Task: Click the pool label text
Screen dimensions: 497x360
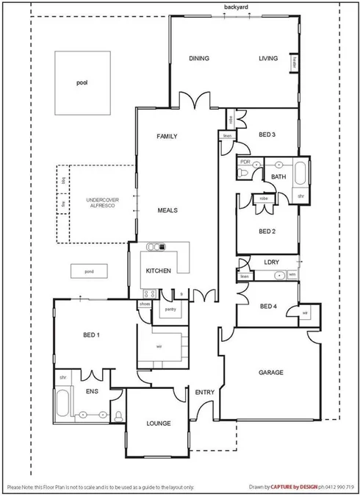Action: click(82, 83)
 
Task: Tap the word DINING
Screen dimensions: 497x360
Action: click(199, 59)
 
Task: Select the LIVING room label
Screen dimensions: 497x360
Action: click(268, 59)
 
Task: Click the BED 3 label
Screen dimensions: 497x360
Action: click(267, 135)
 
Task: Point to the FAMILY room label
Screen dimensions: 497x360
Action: click(168, 137)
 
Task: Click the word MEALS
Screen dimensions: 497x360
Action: click(168, 210)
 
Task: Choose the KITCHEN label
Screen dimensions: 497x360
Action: click(158, 271)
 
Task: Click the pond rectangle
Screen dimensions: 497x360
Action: click(88, 272)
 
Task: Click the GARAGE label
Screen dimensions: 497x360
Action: click(271, 373)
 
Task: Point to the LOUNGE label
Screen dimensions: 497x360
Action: click(158, 423)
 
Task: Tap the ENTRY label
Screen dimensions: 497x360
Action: click(205, 393)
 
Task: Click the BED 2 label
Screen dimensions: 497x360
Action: click(267, 231)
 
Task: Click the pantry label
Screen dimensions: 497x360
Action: click(170, 310)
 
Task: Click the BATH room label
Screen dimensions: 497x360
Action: click(278, 177)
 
